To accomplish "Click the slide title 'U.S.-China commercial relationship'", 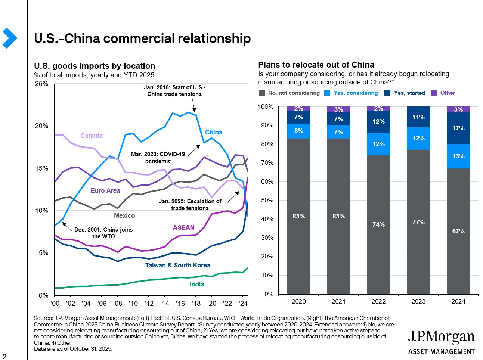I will point(142,38).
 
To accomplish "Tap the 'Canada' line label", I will point(92,136).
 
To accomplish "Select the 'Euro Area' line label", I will point(105,190).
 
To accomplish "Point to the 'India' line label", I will point(197,284).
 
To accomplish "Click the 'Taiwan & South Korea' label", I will point(177,265).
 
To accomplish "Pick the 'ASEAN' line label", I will point(183,227).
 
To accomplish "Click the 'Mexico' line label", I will point(124,215).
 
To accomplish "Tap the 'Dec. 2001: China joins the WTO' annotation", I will point(103,233).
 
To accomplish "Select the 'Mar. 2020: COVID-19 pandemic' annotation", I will point(158,157).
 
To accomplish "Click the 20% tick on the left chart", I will point(41,126).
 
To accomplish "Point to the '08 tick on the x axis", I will point(118,304).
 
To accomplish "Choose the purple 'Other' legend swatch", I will point(434,93).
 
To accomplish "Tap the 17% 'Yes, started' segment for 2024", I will point(458,128).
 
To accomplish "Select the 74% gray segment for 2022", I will point(378,224).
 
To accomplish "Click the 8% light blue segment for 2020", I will point(298,131).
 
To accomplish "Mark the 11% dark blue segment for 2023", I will point(418,117).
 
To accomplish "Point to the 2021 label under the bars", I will point(338,301).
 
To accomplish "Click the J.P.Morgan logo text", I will point(441,337).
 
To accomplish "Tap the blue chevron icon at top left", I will point(9,38).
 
